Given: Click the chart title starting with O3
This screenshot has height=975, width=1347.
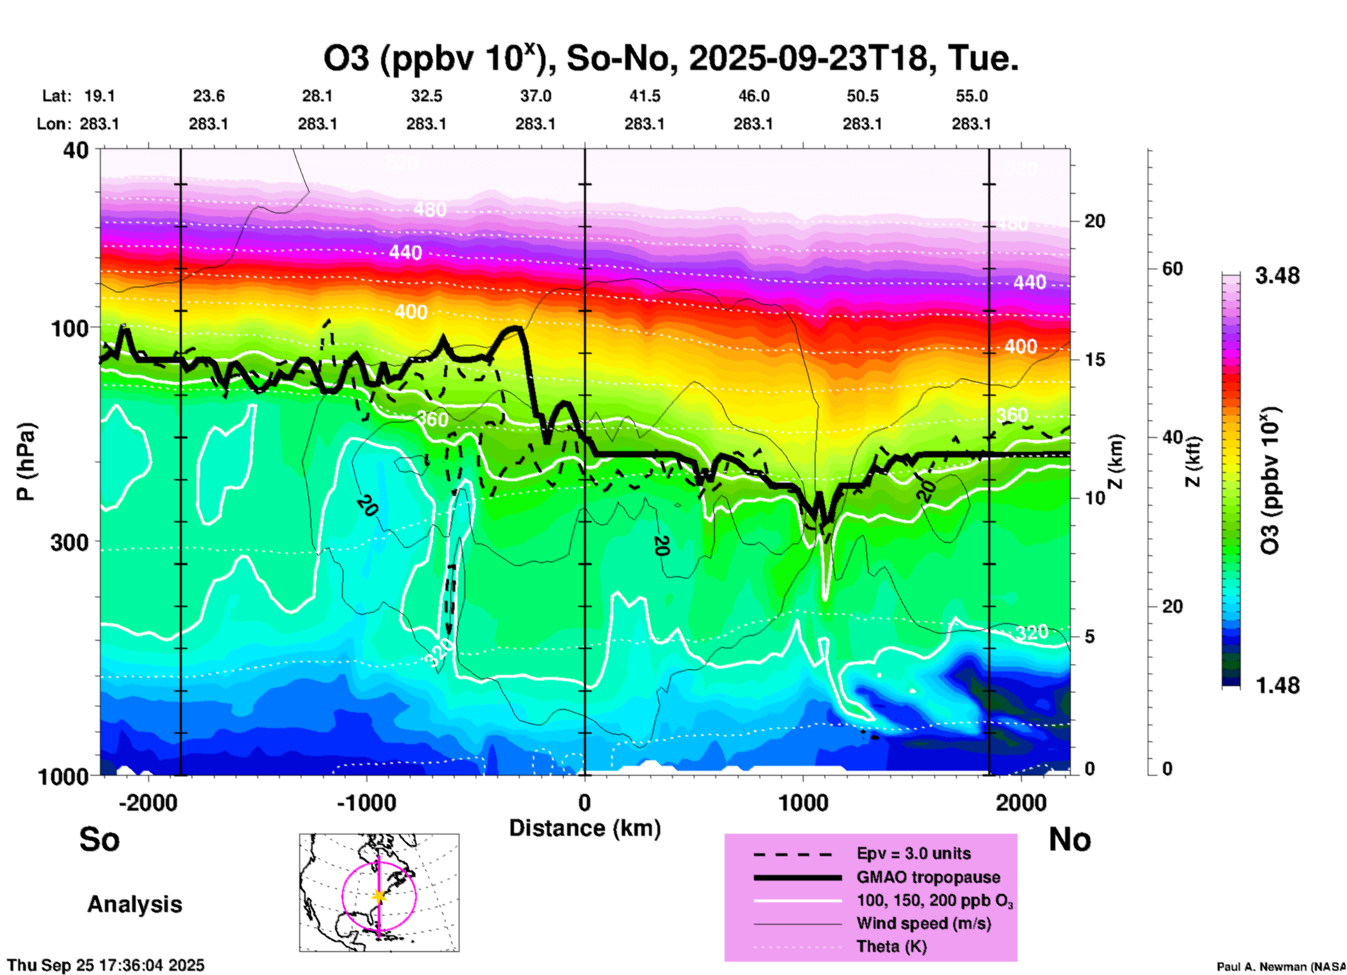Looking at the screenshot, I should [x=670, y=58].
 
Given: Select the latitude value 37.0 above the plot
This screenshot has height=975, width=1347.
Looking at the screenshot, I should [x=536, y=96].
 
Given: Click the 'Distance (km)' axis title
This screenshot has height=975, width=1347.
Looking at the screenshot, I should [x=585, y=828].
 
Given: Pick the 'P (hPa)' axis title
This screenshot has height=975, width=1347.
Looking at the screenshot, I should [x=26, y=462].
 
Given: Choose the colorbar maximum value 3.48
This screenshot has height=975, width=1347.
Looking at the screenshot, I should [x=1277, y=276].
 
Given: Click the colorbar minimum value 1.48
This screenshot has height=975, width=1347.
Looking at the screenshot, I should [x=1277, y=685].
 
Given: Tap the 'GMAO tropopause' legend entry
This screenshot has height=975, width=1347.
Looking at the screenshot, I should [x=928, y=877].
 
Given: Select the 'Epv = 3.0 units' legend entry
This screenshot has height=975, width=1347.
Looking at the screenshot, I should [x=913, y=854].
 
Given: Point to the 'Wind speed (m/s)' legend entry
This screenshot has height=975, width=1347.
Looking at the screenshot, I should [x=923, y=924].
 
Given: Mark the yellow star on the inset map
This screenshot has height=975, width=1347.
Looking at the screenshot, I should [x=379, y=896].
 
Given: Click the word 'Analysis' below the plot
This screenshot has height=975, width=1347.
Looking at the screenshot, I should [x=134, y=904].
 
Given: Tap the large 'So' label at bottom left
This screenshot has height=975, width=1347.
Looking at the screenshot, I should [x=99, y=839].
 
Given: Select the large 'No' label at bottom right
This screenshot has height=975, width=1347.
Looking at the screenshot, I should [x=1069, y=839].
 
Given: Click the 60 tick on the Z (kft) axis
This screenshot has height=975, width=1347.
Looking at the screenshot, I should [x=1172, y=269].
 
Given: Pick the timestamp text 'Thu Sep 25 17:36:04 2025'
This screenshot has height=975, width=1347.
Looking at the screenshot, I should [x=106, y=965].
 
